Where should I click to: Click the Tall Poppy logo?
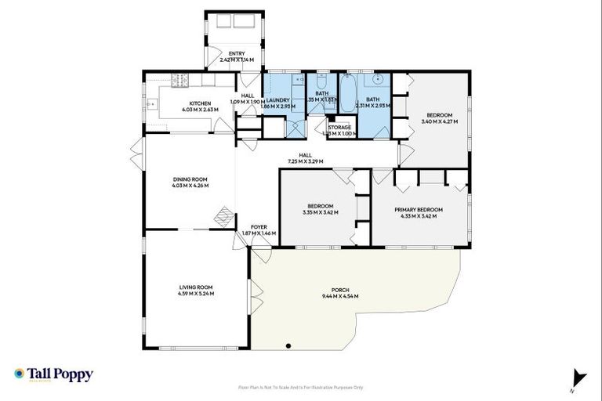tap(53, 374)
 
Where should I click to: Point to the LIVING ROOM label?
tap(196, 288)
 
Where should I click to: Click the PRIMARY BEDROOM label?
tap(419, 209)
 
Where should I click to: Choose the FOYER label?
tap(248, 227)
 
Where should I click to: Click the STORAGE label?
tap(339, 127)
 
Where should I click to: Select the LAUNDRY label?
tap(278, 100)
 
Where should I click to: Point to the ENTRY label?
tap(237, 53)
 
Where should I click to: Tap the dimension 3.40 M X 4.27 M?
tap(439, 121)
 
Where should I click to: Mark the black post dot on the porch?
tap(288, 345)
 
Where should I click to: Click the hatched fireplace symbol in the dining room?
tap(224, 215)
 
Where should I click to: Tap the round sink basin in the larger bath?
tap(378, 80)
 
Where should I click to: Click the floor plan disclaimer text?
tap(300, 388)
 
